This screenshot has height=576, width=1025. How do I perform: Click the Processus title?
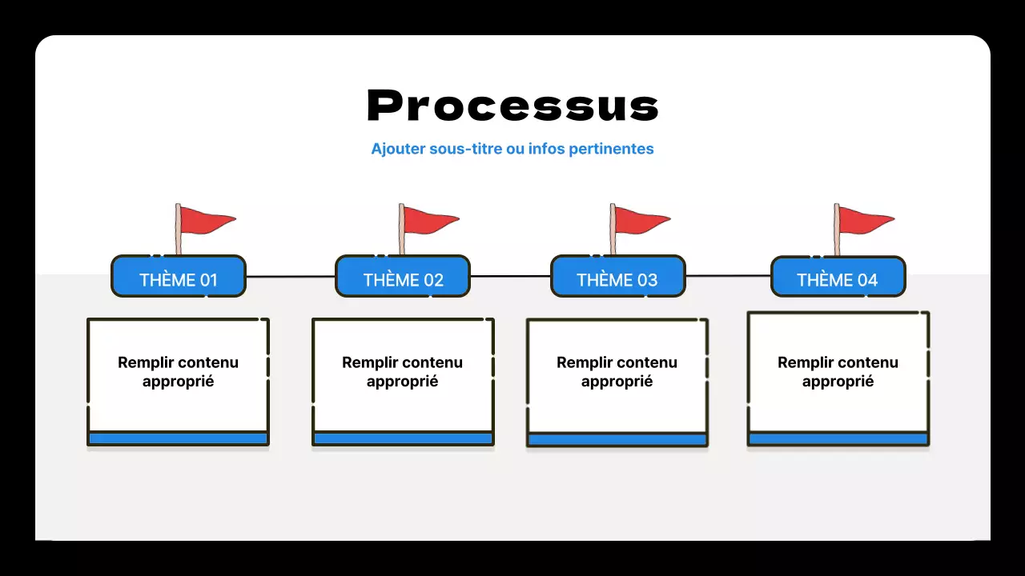pyautogui.click(x=512, y=106)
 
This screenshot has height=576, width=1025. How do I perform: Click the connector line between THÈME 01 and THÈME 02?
pyautogui.click(x=290, y=277)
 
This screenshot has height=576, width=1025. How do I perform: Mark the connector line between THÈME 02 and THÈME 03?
pyautogui.click(x=510, y=276)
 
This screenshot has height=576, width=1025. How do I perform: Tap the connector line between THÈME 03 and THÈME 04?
pyautogui.click(x=728, y=276)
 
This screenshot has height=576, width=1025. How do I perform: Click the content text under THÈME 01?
pyautogui.click(x=178, y=372)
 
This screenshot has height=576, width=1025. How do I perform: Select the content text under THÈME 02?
pyautogui.click(x=402, y=372)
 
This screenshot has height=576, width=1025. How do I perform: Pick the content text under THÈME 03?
pyautogui.click(x=617, y=372)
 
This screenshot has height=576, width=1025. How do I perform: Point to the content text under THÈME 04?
pyautogui.click(x=838, y=372)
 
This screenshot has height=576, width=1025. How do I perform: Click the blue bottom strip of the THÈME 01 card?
pyautogui.click(x=178, y=438)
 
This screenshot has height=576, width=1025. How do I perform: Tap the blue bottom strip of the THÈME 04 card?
pyautogui.click(x=838, y=439)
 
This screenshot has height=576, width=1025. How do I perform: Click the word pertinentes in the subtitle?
pyautogui.click(x=611, y=149)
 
